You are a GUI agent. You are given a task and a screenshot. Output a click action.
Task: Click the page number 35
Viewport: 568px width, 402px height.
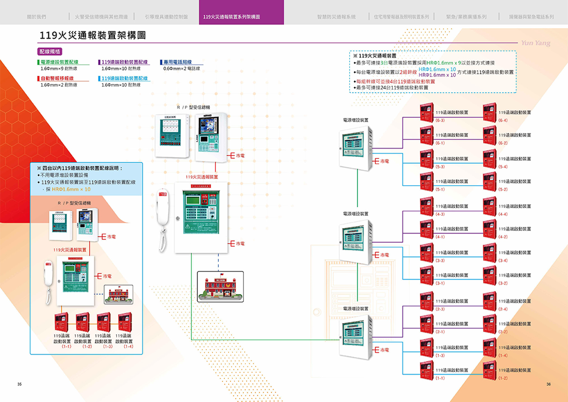(x=19, y=384)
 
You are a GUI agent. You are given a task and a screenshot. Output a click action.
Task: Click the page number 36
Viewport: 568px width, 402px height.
(x=548, y=384)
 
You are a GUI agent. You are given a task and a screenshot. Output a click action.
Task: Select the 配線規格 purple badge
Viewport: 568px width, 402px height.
(x=50, y=51)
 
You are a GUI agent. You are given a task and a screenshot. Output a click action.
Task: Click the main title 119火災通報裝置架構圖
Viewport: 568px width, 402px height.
(x=93, y=35)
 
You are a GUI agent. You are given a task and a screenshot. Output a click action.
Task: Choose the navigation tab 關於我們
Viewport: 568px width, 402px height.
(x=36, y=17)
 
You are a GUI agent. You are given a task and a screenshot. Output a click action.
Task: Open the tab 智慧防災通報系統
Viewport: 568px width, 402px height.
(x=336, y=17)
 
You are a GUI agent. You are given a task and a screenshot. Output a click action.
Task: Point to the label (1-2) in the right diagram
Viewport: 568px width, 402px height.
(x=503, y=378)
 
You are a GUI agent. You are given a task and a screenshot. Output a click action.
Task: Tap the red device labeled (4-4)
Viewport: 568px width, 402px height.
(x=489, y=206)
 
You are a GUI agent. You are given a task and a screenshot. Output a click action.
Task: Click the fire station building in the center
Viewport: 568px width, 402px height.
(x=220, y=287)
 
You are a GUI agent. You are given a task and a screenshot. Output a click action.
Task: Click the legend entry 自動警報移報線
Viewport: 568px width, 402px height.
(x=57, y=78)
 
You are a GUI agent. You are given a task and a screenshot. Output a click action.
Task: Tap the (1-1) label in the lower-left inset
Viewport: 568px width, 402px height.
(x=66, y=347)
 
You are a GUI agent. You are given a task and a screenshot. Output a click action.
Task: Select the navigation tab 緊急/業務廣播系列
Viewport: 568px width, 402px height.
(x=466, y=17)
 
